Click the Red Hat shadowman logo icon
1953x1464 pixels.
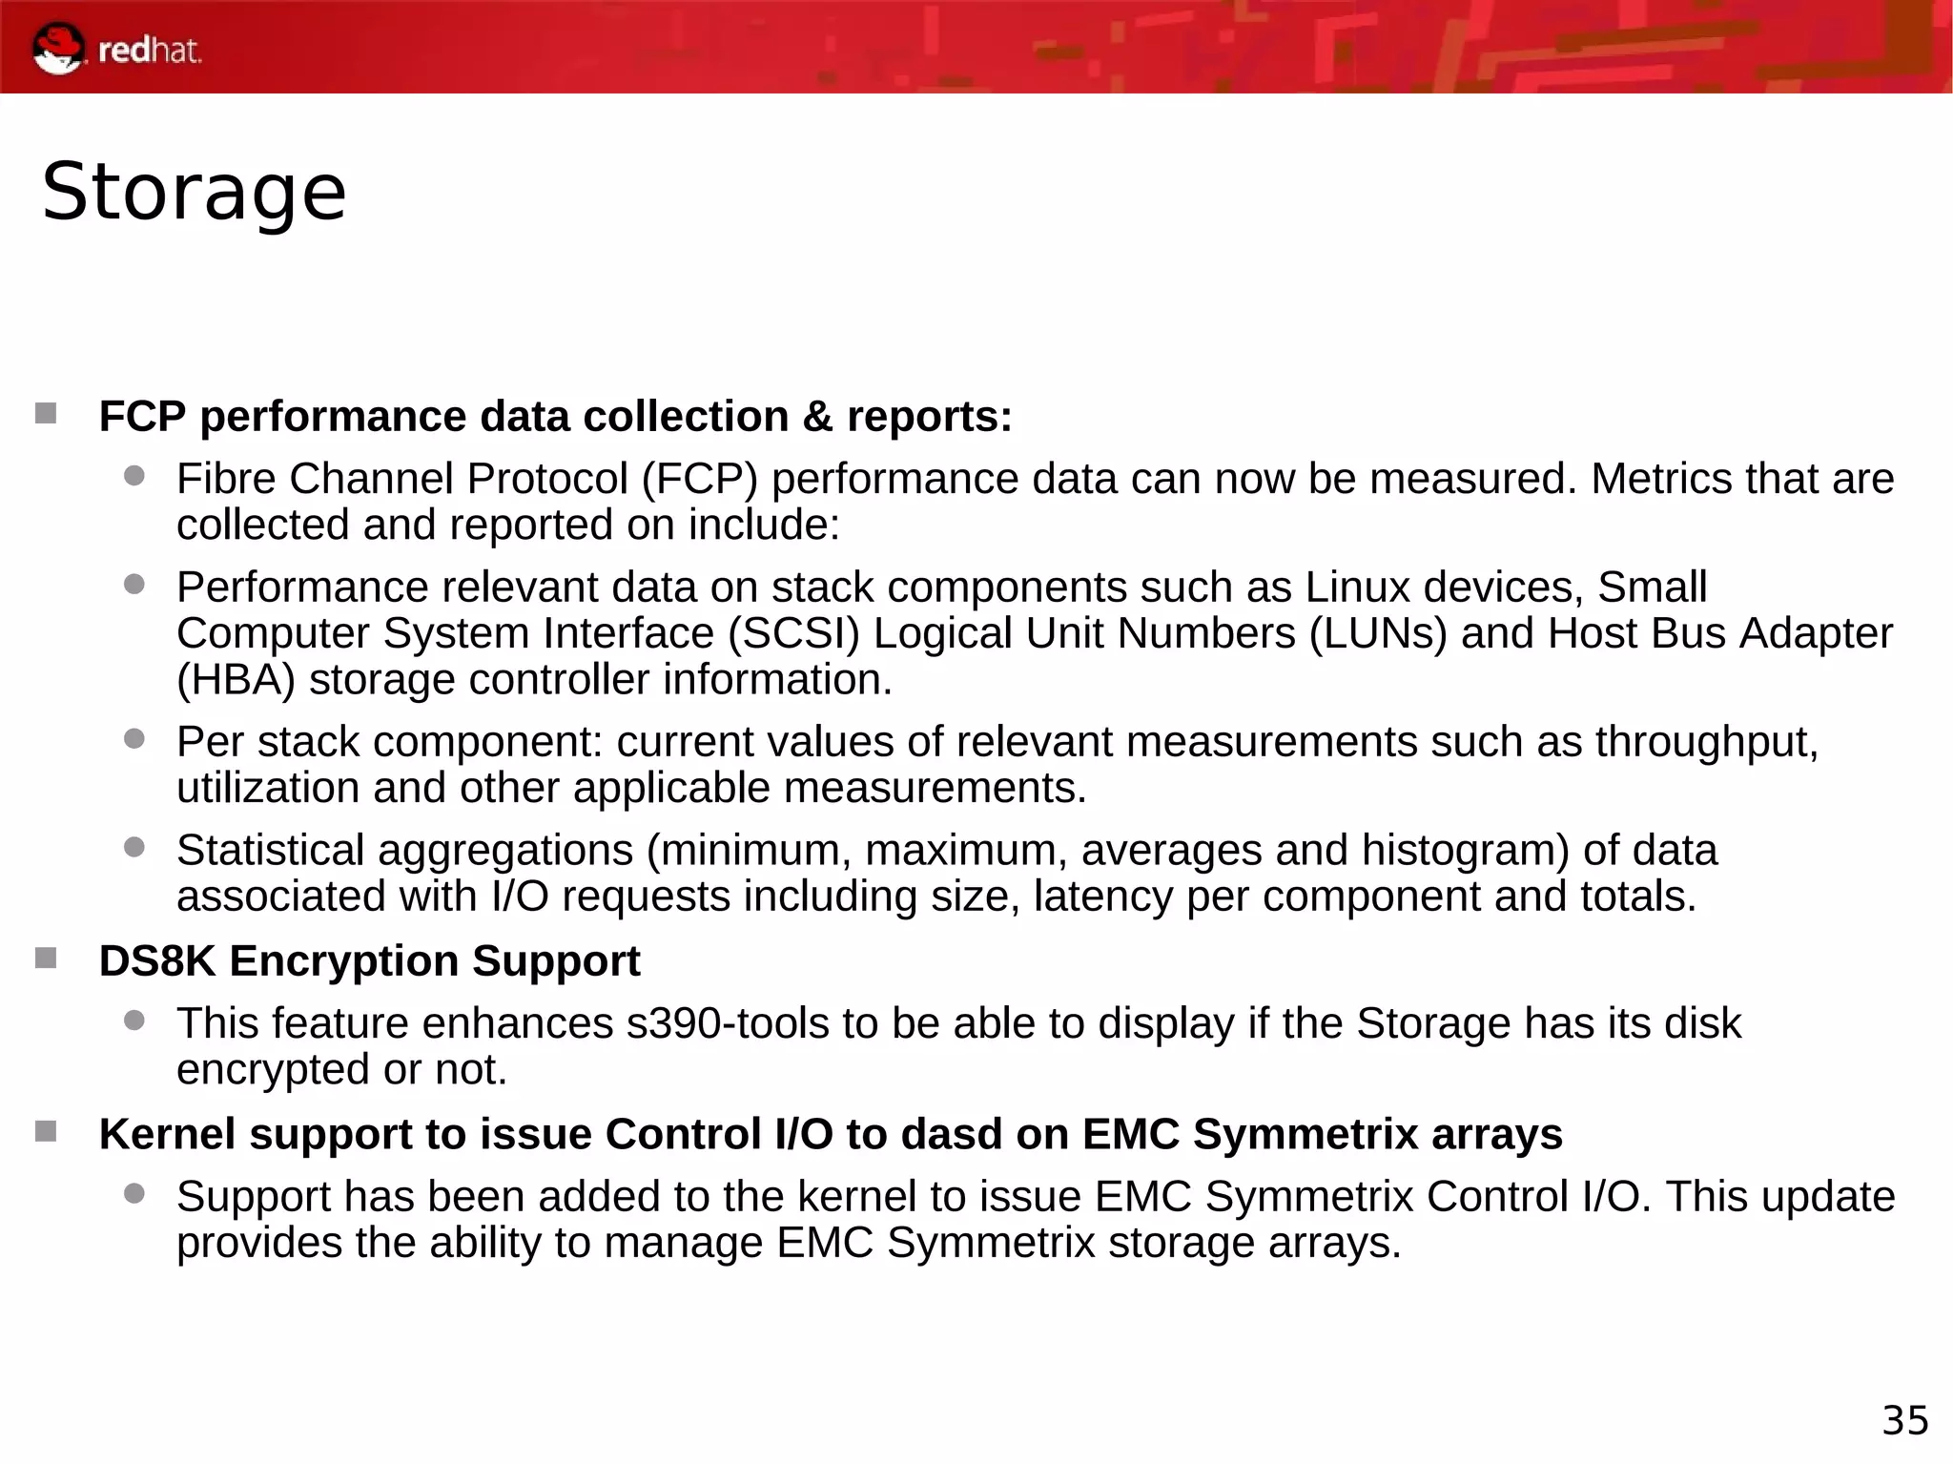point(58,49)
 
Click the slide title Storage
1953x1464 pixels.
point(194,192)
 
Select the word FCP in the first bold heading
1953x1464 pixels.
point(143,417)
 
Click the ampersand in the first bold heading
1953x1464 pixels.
point(817,417)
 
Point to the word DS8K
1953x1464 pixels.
point(157,961)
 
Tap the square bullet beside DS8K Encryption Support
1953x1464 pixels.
point(46,958)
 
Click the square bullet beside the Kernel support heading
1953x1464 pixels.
point(46,1131)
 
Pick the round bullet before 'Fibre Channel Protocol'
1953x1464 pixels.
point(134,475)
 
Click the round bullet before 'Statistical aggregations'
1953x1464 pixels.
point(134,846)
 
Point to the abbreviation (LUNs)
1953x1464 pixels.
point(1379,634)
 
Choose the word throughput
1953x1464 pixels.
point(1706,743)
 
